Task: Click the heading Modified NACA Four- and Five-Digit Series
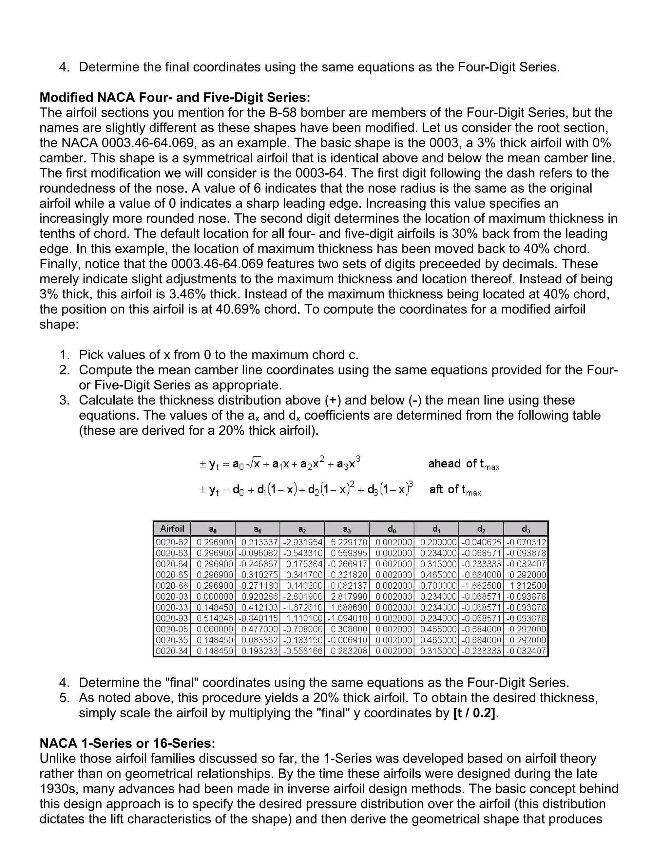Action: [175, 97]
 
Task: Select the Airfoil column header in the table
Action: [172, 529]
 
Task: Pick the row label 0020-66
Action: [172, 585]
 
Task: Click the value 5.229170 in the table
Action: [347, 542]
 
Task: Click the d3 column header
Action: [526, 529]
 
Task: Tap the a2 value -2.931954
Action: [302, 542]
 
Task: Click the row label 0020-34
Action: [172, 651]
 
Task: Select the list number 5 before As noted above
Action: [65, 698]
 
